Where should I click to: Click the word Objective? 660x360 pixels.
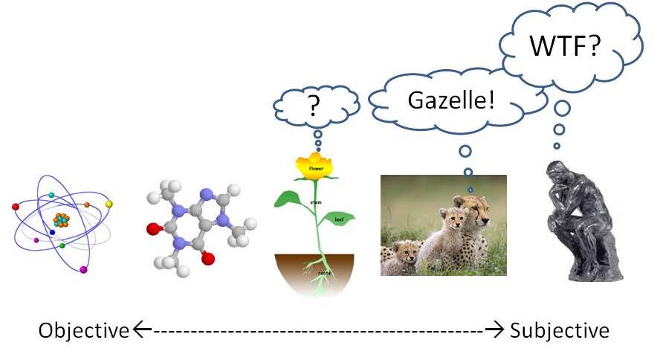pos(84,330)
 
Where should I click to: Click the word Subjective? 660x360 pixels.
pos(560,330)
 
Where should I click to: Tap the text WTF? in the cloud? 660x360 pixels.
pos(565,46)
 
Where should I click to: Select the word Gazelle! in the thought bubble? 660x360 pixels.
pos(451,99)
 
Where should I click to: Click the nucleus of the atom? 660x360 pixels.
pos(61,219)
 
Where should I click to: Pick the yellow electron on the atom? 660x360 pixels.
pos(109,203)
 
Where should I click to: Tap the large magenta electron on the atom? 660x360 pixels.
pos(83,269)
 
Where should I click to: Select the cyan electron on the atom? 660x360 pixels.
pos(51,195)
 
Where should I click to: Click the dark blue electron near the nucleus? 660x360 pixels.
pos(52,232)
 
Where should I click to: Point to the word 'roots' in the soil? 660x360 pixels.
pos(323,274)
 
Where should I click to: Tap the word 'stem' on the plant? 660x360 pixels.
pos(314,202)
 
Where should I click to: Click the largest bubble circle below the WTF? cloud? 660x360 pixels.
pos(563,109)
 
